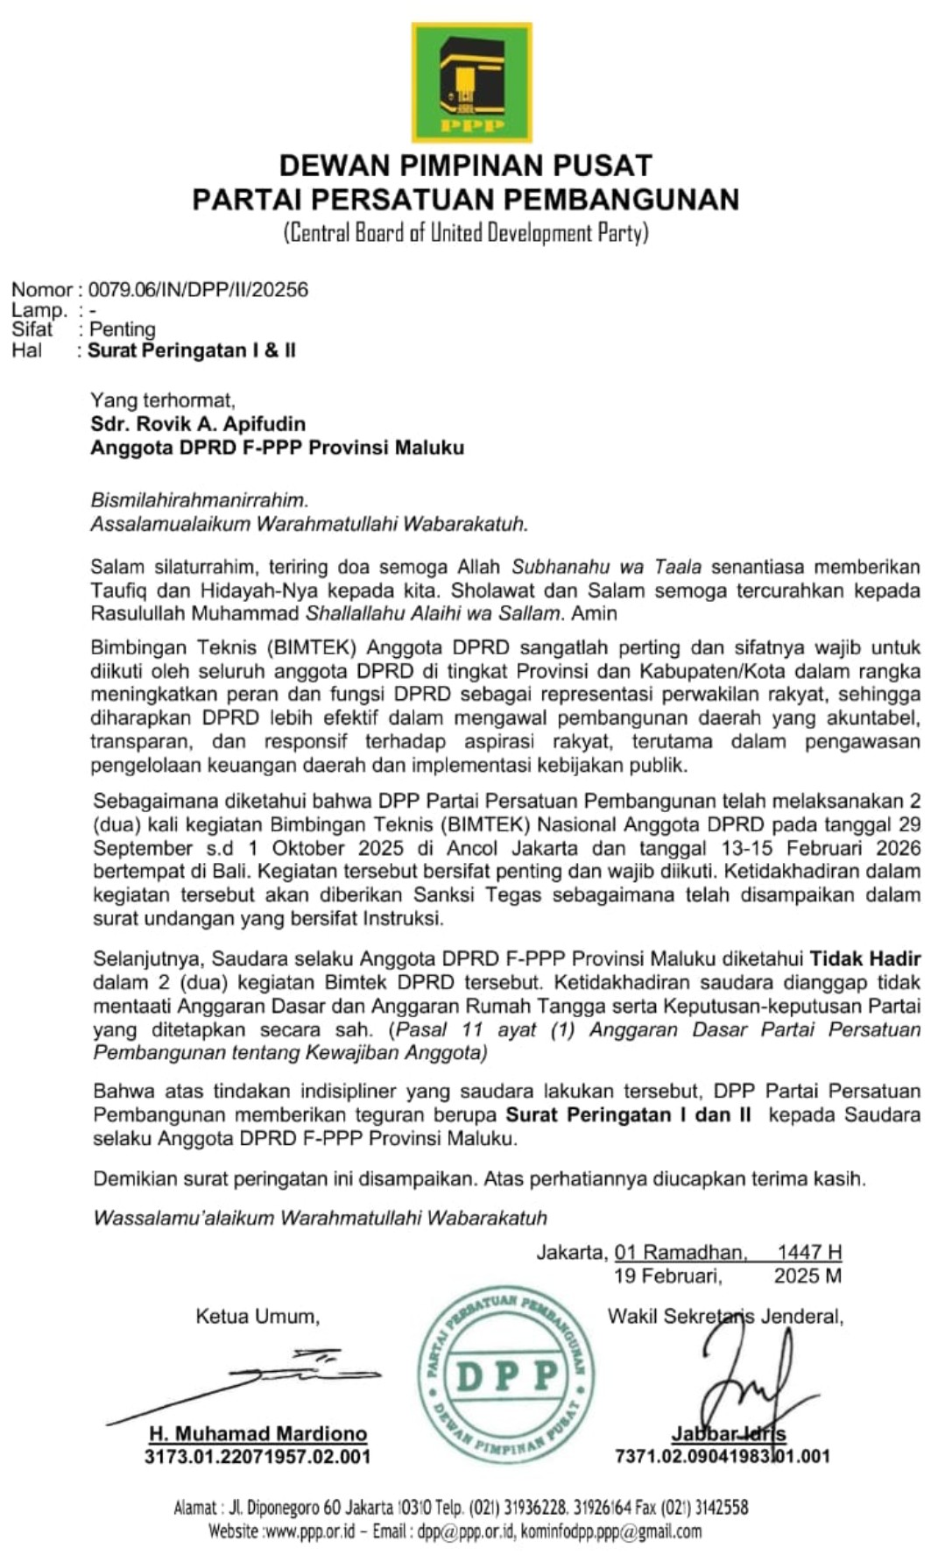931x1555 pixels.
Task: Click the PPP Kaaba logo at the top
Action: coord(471,83)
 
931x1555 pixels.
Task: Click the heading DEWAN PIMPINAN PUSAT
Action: coord(465,166)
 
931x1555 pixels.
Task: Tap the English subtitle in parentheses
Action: coord(465,233)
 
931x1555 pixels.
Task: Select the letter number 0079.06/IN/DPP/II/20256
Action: coord(198,290)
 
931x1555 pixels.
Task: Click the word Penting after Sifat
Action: coord(123,329)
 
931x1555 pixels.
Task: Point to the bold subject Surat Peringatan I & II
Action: coord(192,350)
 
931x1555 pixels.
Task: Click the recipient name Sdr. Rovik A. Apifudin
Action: coord(198,424)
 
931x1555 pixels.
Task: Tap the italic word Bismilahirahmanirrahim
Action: coord(200,500)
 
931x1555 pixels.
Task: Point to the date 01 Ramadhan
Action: coord(680,1253)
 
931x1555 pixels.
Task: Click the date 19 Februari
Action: coord(668,1276)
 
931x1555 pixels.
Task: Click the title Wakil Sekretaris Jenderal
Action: coord(725,1316)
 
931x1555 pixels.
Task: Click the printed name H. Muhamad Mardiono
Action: coord(257,1434)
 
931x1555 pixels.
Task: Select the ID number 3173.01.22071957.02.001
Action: coord(257,1457)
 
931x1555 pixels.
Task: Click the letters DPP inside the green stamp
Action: coord(506,1377)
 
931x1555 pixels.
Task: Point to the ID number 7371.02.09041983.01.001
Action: coord(722,1457)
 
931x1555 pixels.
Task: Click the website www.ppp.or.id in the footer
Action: coord(309,1531)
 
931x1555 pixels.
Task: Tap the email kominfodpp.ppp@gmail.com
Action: coord(611,1531)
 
